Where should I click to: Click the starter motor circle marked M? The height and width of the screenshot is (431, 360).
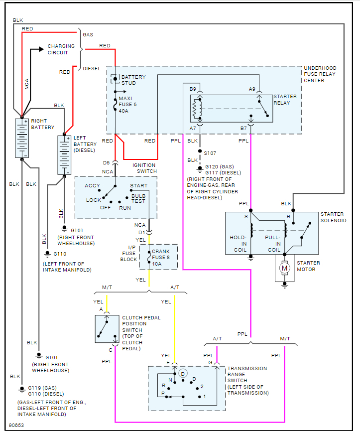tap(285, 268)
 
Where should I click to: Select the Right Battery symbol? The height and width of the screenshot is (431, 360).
tap(22, 138)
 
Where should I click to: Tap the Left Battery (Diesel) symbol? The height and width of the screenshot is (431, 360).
tap(65, 154)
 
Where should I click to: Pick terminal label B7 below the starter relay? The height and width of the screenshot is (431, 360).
tap(243, 129)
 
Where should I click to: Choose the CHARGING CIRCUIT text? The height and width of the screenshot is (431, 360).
tap(61, 49)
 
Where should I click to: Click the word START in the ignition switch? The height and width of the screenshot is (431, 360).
tap(138, 185)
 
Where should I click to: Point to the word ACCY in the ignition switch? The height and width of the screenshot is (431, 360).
tap(92, 185)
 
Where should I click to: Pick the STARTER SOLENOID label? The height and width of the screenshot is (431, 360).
tap(333, 217)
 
